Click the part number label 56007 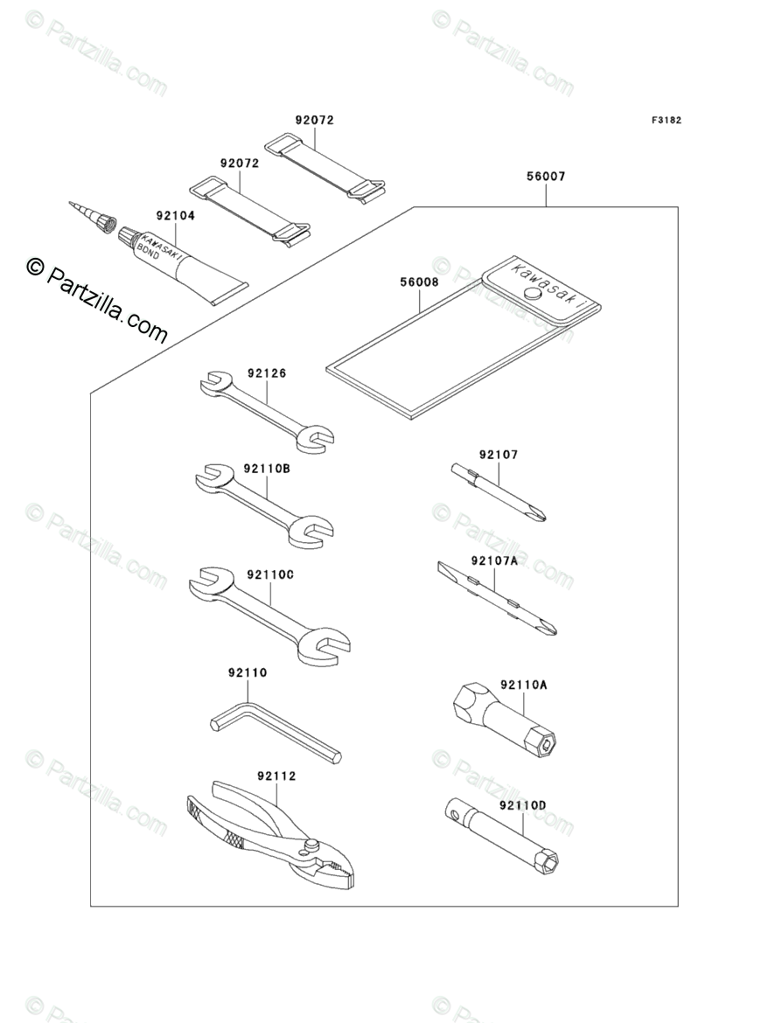click(546, 176)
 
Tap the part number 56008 click(419, 282)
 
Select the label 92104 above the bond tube click(175, 215)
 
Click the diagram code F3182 click(666, 120)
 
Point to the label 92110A click(523, 685)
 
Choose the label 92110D click(522, 806)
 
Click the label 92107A click(494, 560)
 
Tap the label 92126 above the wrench click(266, 373)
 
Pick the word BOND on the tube click(148, 251)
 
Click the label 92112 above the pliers click(276, 776)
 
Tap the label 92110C click(270, 574)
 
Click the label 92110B click(267, 469)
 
